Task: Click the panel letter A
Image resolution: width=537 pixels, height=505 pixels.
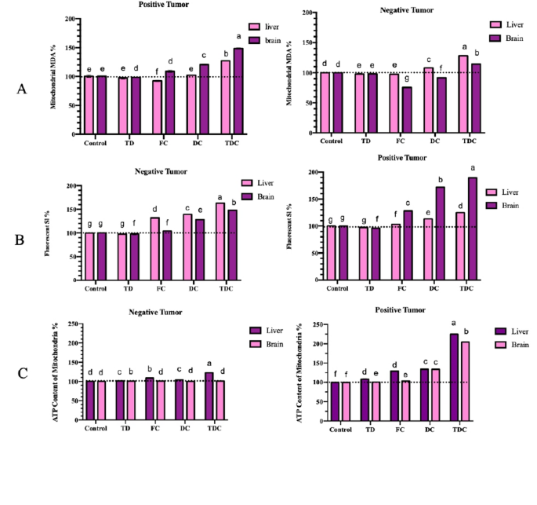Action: (x=22, y=90)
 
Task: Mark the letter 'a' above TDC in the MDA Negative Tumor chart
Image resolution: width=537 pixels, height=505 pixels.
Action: (x=463, y=47)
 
